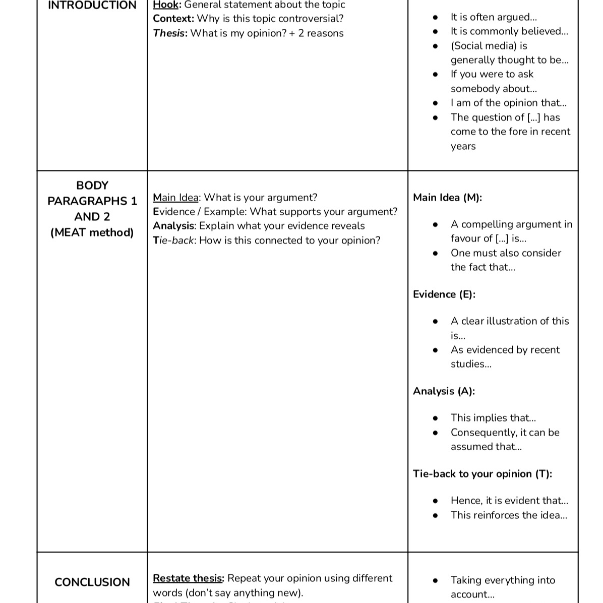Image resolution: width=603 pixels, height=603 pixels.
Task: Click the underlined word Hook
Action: click(165, 5)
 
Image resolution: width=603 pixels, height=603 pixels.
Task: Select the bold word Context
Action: click(173, 19)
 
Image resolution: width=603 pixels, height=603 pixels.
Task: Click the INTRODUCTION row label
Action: click(92, 6)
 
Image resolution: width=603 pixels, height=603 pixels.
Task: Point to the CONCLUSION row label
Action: click(92, 582)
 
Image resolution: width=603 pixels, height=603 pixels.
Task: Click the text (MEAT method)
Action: click(92, 232)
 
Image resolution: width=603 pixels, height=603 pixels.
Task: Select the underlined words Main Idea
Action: click(175, 198)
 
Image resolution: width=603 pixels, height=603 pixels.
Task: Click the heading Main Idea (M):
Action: click(447, 198)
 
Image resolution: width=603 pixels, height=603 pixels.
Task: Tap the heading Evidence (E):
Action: click(444, 294)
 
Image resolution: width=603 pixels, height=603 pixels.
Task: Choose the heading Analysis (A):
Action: click(444, 391)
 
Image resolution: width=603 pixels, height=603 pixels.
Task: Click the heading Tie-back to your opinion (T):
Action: click(482, 474)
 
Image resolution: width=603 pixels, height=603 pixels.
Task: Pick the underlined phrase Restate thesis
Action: click(188, 578)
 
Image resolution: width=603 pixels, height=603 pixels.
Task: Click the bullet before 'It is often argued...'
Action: click(436, 18)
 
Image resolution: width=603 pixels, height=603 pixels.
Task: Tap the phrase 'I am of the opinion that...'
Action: click(508, 103)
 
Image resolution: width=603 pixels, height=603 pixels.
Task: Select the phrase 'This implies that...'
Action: click(493, 418)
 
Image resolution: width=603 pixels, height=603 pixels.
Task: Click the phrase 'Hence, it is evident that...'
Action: click(509, 501)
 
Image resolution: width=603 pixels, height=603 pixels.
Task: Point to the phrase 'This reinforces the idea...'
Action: click(509, 515)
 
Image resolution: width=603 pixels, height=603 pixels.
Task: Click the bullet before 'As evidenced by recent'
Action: click(436, 350)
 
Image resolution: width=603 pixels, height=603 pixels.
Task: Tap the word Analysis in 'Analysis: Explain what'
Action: click(173, 226)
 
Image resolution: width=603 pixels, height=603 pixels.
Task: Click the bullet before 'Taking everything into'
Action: click(436, 581)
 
